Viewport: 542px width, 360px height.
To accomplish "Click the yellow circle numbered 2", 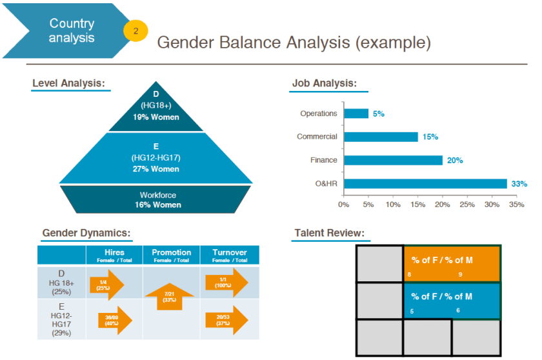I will [x=135, y=30].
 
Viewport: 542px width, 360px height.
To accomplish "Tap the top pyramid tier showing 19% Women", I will [x=156, y=106].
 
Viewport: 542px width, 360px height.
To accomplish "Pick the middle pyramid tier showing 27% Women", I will [x=156, y=157].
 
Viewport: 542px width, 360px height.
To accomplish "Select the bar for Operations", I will [x=356, y=114].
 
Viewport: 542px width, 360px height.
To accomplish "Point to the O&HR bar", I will [x=425, y=184].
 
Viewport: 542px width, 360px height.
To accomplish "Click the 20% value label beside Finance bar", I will [x=455, y=160].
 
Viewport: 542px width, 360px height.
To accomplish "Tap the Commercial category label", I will [x=317, y=137].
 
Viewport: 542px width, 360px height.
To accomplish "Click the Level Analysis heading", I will [x=68, y=83].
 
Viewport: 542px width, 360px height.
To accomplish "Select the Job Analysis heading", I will [x=324, y=83].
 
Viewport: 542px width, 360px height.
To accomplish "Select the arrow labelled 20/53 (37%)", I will [x=226, y=319].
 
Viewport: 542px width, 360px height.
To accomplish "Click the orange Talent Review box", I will [x=452, y=264].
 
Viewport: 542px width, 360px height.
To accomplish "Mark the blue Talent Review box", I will [x=452, y=301].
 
